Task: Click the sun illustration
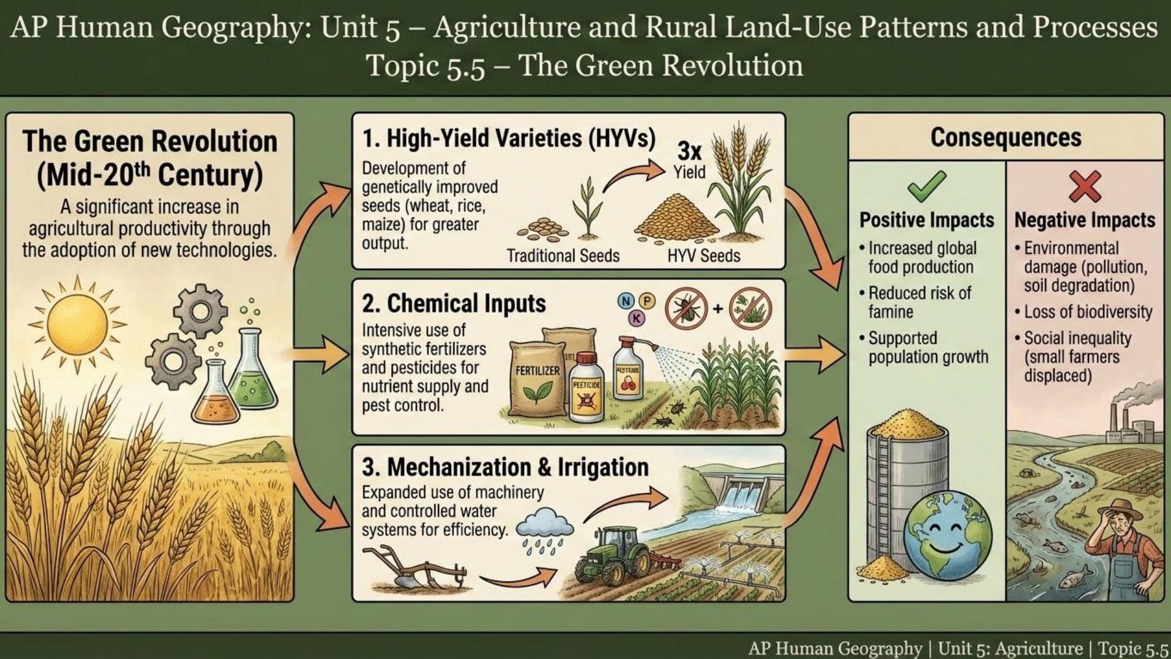coord(77,324)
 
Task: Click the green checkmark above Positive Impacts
coord(926,186)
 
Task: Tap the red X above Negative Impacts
coord(1084,186)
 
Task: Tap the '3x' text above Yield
coord(689,151)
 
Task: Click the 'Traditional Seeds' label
coord(563,256)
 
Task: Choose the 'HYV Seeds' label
coord(703,256)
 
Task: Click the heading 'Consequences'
coord(1005,138)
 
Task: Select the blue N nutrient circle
coord(626,301)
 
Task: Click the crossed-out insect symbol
coord(686,307)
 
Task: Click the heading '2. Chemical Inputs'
coord(454,303)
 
